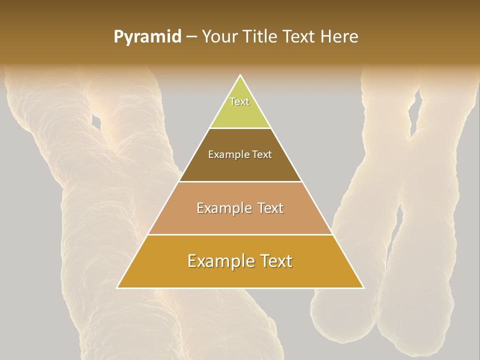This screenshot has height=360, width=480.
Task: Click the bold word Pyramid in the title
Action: pos(147,37)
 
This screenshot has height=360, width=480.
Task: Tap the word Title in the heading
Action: pos(264,37)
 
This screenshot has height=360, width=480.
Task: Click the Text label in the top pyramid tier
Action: pos(239,101)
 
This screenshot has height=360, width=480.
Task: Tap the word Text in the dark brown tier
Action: pos(262,155)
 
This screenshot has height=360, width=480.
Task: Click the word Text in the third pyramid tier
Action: pos(269,208)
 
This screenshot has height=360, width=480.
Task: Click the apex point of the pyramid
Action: pos(240,75)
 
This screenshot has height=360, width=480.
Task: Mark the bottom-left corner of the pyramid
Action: pos(117,287)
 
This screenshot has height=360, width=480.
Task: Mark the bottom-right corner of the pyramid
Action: pos(363,287)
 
